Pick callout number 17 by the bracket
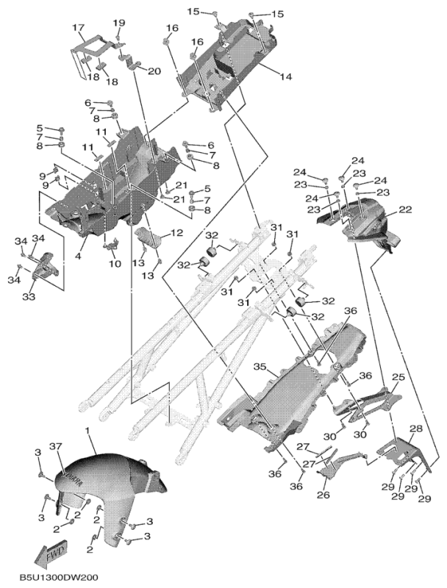(x=78, y=28)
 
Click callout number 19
(x=118, y=23)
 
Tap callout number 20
(x=154, y=71)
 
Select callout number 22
(x=404, y=210)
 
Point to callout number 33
(x=29, y=297)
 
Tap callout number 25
(x=398, y=376)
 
